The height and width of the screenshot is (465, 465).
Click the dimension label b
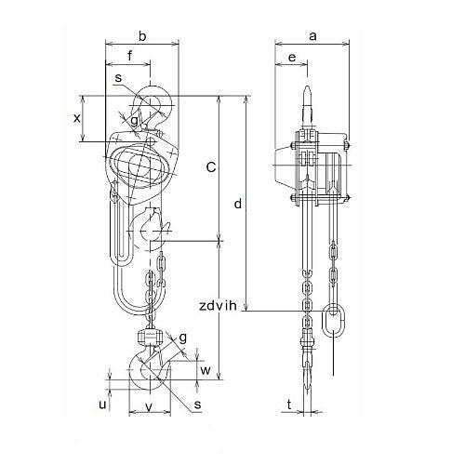[142, 36]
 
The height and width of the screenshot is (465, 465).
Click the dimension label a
[312, 36]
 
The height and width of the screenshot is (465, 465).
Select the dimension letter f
[130, 56]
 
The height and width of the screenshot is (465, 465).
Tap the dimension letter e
[292, 58]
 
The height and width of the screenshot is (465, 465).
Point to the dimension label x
[76, 118]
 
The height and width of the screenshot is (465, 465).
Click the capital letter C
[211, 167]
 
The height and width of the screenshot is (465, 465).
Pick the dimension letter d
[238, 204]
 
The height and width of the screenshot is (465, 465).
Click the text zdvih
[218, 306]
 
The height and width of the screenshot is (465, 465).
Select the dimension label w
[206, 370]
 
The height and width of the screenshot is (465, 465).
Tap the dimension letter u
[102, 405]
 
